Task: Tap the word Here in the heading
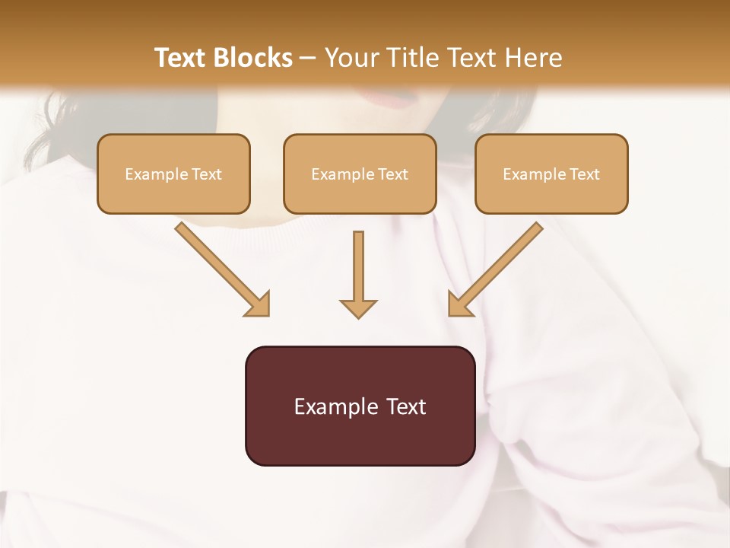[533, 58]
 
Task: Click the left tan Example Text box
[173, 174]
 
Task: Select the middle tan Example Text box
[360, 174]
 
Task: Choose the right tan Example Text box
[551, 174]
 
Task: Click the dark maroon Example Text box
[360, 406]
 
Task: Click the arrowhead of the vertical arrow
[358, 308]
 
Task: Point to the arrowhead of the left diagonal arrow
[259, 304]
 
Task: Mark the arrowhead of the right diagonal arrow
[459, 304]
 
